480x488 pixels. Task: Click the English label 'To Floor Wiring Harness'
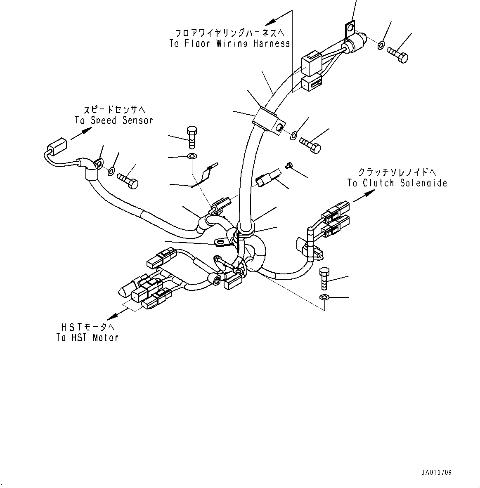point(229,44)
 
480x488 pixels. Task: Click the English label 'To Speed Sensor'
point(114,120)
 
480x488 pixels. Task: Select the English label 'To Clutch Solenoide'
point(397,183)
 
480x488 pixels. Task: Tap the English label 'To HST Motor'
point(87,337)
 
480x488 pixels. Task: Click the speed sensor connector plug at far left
point(56,146)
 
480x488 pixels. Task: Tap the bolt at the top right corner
point(398,54)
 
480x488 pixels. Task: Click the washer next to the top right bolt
point(381,44)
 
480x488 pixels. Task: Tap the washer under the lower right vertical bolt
point(324,297)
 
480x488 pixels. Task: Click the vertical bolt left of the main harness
point(192,137)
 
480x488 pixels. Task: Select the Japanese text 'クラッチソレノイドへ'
point(397,172)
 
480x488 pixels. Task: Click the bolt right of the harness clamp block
point(310,144)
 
